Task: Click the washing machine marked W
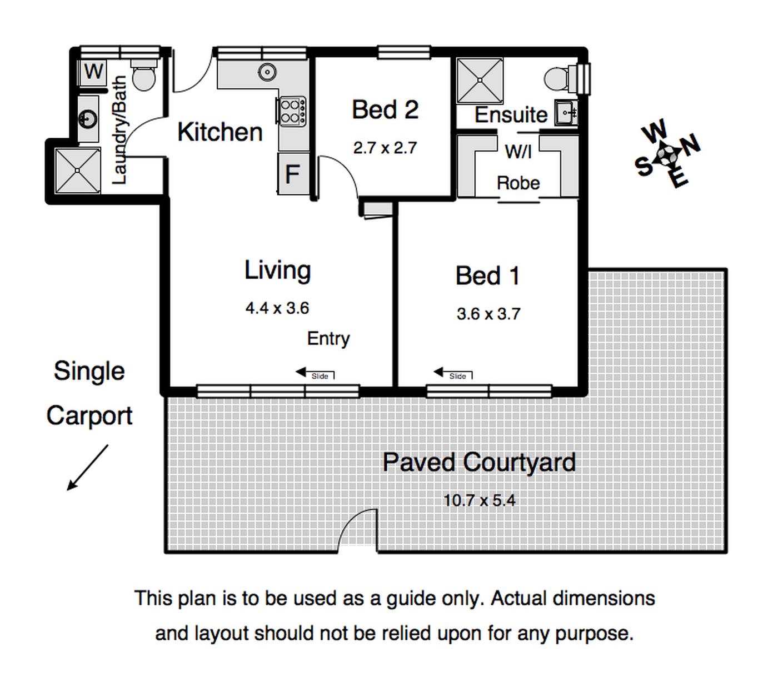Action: [x=93, y=72]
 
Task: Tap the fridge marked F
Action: [x=292, y=174]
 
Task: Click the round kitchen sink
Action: [x=267, y=72]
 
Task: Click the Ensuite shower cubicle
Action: [x=480, y=81]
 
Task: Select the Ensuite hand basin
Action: [x=566, y=112]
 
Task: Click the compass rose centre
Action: [x=667, y=154]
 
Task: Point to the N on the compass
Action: [x=690, y=144]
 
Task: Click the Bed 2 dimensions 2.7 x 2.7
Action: [x=385, y=148]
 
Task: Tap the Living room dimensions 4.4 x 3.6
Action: [x=277, y=308]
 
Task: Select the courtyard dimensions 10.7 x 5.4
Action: [x=479, y=500]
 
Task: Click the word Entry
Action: [x=328, y=339]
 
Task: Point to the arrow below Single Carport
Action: [x=87, y=468]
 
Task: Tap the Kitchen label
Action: [x=220, y=132]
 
